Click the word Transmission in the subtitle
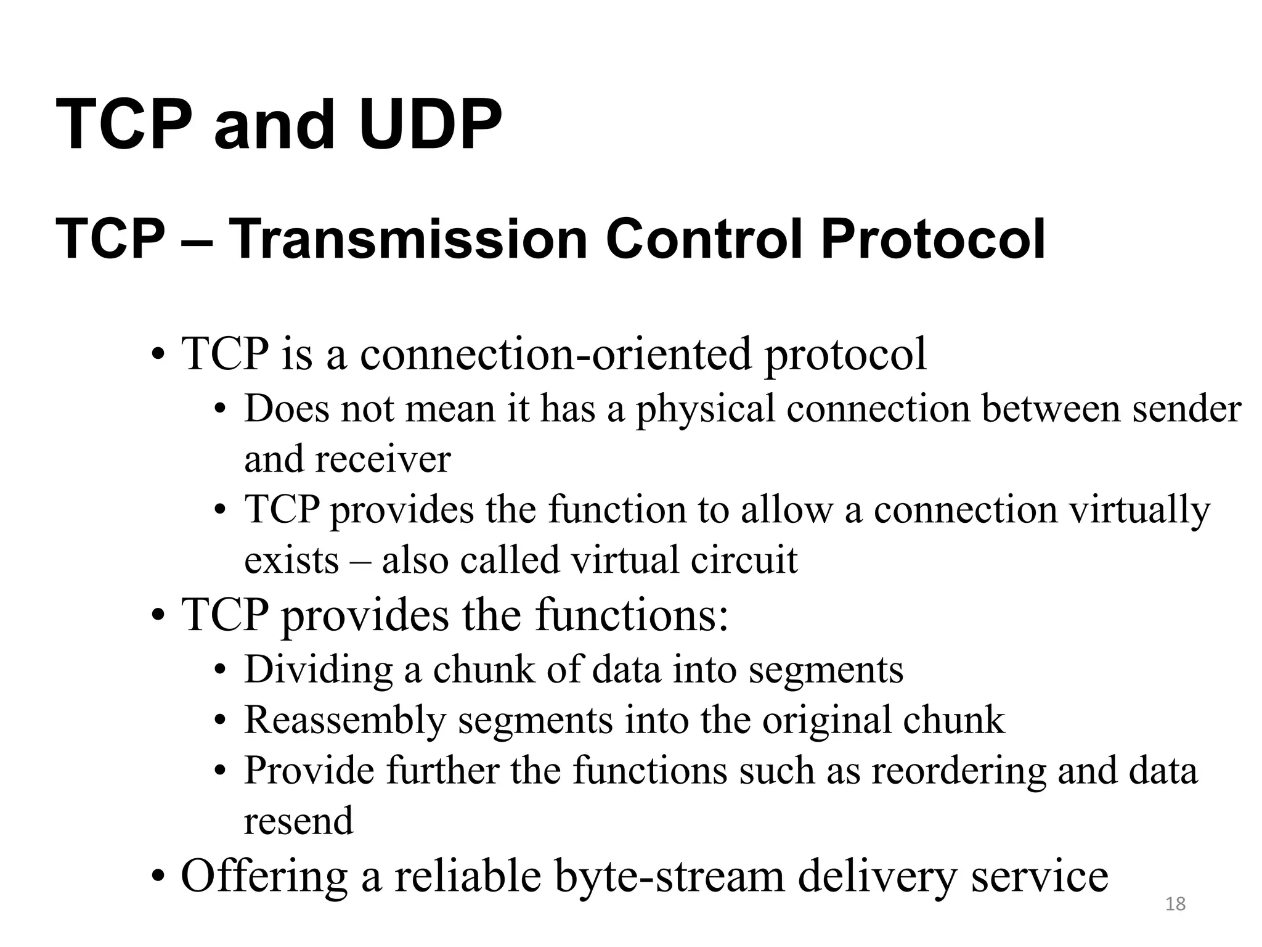[x=408, y=239]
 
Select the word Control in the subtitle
[x=704, y=239]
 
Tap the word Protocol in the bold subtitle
[x=933, y=239]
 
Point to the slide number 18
[x=1176, y=904]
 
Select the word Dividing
[x=318, y=670]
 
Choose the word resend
[x=299, y=821]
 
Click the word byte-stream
[x=670, y=877]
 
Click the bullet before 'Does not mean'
[x=220, y=410]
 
